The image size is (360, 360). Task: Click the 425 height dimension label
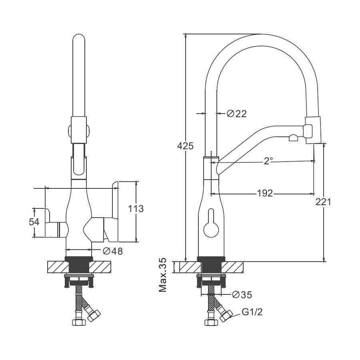click(x=185, y=146)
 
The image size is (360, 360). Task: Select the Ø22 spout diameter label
click(x=237, y=114)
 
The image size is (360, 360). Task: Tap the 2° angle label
click(x=268, y=161)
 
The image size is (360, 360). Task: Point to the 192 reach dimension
click(x=265, y=193)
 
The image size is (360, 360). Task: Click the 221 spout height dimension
click(x=323, y=202)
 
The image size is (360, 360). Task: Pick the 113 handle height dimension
click(x=136, y=208)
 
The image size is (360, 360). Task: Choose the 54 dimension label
click(x=34, y=222)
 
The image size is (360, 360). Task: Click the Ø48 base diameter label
click(x=113, y=251)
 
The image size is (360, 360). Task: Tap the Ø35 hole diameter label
click(x=242, y=294)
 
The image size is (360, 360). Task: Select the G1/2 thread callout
click(x=252, y=312)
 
